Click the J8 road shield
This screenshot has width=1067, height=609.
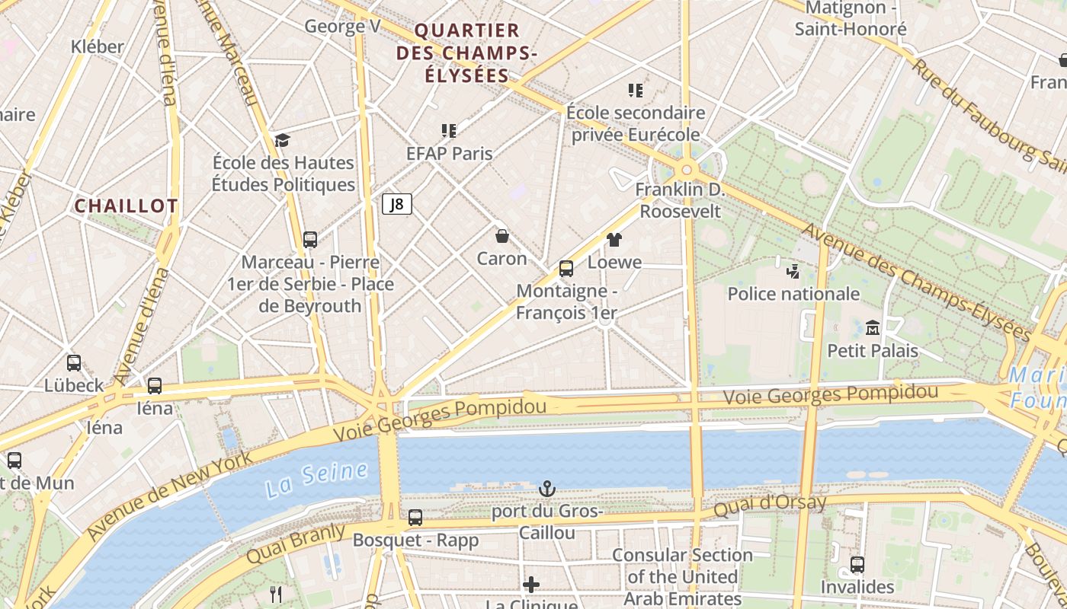coord(396,204)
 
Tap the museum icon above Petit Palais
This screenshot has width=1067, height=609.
coord(873,328)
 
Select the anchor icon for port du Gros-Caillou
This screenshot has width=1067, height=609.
coord(546,488)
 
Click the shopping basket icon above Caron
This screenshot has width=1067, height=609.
coord(501,236)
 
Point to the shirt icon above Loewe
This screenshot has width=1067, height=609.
coord(614,240)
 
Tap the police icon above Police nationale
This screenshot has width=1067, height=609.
coord(793,271)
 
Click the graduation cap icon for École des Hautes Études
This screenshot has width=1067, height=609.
coord(283,140)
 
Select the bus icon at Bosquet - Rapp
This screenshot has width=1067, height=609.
coord(415,518)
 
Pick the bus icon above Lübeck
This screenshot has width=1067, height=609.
coord(74,363)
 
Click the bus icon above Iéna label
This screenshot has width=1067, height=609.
coord(155,386)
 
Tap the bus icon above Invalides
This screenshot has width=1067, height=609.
coord(857,564)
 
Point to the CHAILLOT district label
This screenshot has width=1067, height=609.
coord(126,206)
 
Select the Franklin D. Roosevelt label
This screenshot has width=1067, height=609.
coord(680,200)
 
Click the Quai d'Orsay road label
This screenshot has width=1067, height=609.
coord(770,505)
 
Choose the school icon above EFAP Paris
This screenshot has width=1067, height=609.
coord(449,131)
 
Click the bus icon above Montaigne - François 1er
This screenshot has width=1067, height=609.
coord(566,268)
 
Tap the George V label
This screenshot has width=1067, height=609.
coord(342,27)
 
